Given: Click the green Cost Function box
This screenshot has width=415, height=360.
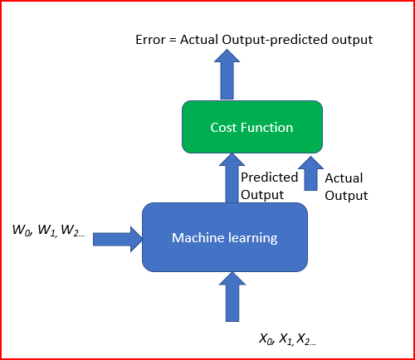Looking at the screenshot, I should pos(251,127).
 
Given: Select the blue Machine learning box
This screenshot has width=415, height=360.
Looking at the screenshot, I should pos(225,238).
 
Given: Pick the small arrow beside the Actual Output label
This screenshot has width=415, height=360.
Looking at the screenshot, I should pos(310,177).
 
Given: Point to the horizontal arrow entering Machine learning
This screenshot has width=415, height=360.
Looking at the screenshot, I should pos(117,239).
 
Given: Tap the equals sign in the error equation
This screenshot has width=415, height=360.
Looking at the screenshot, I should pos(174,39).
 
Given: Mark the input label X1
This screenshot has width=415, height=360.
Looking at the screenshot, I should pos(286,338).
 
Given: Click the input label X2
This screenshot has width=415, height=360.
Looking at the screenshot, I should pos(305,338).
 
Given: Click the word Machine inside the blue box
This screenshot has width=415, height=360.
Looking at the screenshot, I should pos(197,239).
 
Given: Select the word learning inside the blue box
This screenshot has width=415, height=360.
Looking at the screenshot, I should pos(251,239).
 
